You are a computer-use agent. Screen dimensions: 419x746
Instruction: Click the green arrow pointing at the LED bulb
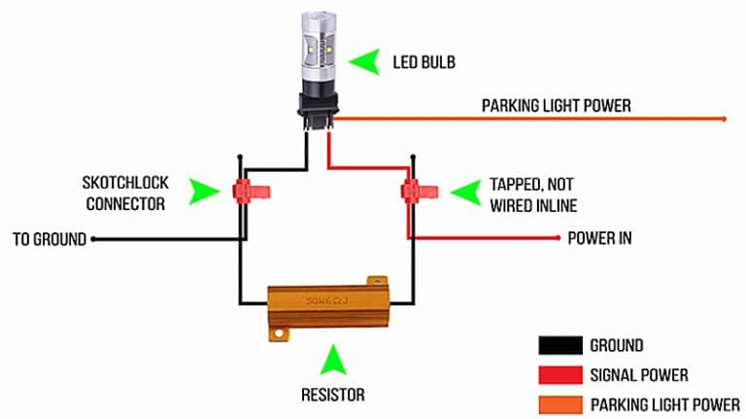pos(366,63)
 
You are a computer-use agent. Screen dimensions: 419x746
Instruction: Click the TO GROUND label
pos(49,238)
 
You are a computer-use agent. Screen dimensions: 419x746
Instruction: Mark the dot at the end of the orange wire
pos(724,120)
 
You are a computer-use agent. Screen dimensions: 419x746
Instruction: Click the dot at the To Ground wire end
pos(92,238)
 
